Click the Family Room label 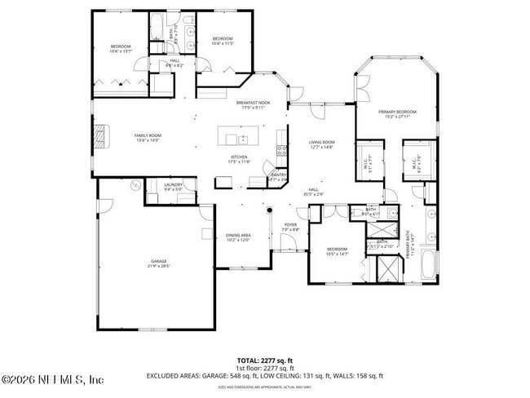148,135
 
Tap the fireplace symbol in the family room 101,137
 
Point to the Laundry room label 173,184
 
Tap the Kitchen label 239,157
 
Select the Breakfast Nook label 253,103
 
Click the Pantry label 278,175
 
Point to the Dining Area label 238,235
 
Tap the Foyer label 290,225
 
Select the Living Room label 322,143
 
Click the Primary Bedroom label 397,112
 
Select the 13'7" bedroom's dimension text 121,51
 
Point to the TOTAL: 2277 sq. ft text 264,360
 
